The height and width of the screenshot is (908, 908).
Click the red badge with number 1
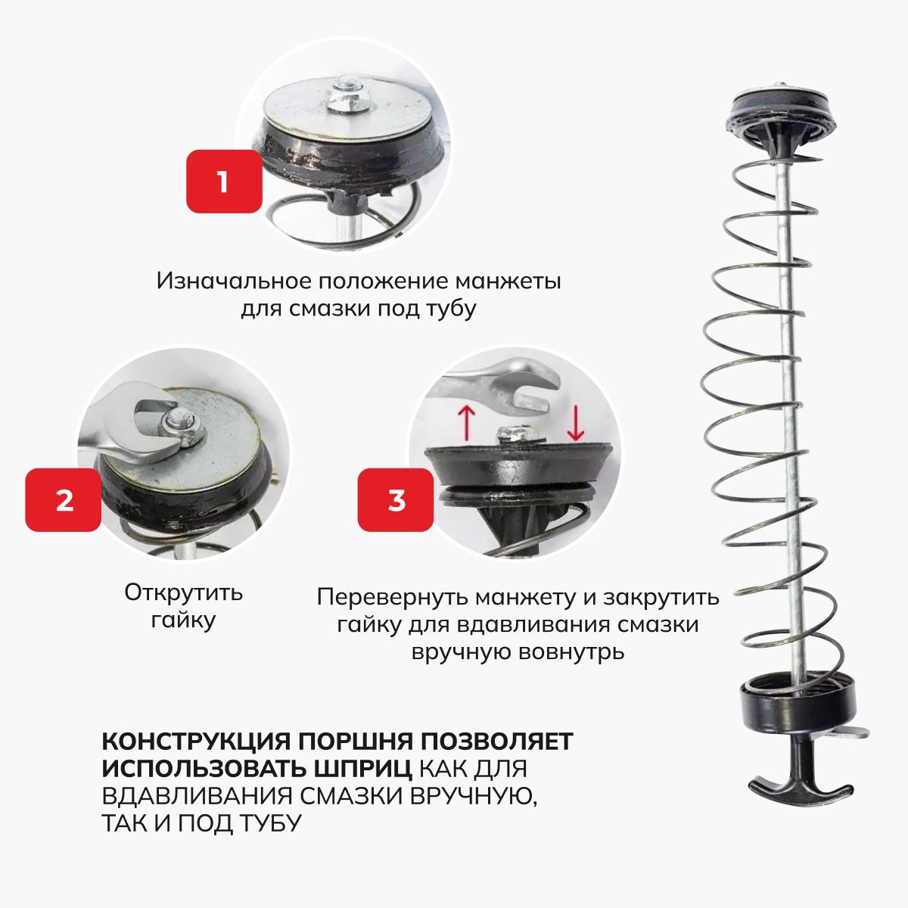224,182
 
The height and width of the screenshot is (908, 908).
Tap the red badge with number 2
63,500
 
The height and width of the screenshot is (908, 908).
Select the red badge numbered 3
396,500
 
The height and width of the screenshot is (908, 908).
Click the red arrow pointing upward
467,423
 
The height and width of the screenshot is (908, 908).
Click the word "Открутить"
183,592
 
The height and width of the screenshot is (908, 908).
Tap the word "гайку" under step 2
183,620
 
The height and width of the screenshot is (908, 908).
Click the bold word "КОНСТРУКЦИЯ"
195,742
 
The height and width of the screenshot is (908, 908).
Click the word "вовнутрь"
565,652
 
